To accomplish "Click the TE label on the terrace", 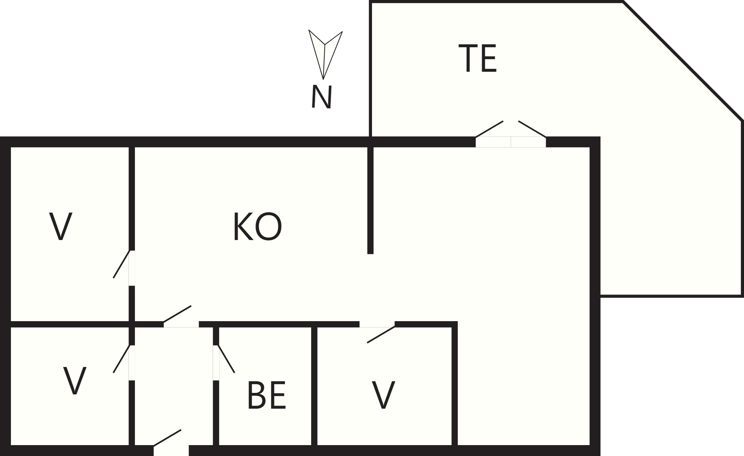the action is (x=478, y=58).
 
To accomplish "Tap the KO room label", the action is (x=257, y=227).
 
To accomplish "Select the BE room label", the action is (x=267, y=395).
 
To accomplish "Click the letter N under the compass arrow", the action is (x=322, y=97).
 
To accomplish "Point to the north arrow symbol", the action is (x=325, y=54).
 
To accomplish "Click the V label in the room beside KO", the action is (x=60, y=226).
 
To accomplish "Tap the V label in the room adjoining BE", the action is (x=383, y=395).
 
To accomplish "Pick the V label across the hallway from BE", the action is (x=75, y=381).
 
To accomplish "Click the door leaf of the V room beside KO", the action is (x=121, y=264).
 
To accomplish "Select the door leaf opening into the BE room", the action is (x=226, y=359).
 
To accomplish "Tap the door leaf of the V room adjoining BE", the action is (x=381, y=334).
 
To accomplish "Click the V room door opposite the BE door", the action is (x=121, y=359).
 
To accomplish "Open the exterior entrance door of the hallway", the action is (x=167, y=438).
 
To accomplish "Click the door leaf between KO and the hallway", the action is (x=177, y=314).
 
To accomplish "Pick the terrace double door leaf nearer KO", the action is (x=489, y=129).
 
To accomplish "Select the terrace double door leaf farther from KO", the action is (x=532, y=129).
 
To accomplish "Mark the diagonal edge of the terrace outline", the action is (x=682, y=61).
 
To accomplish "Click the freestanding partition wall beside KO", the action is (x=370, y=201).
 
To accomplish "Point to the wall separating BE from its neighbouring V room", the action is (x=314, y=386).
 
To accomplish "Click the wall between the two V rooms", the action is (x=70, y=324).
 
